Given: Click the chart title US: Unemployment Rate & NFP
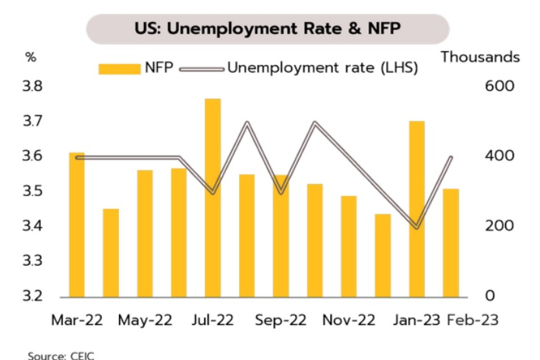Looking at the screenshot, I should (x=268, y=29).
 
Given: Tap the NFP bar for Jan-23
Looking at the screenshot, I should (x=417, y=209).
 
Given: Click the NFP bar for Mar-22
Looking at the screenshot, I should (x=77, y=225).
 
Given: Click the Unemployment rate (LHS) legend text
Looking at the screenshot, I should (x=322, y=68).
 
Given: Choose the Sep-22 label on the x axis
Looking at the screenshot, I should (x=281, y=320).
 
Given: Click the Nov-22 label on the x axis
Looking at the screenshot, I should (x=349, y=320).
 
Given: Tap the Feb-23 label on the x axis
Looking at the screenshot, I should (x=473, y=320).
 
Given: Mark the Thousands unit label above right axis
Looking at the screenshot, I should (x=480, y=57).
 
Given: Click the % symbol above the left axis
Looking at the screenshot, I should (x=31, y=57).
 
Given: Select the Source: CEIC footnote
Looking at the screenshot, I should (x=61, y=355).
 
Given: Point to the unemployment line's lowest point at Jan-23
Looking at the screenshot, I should (x=417, y=226).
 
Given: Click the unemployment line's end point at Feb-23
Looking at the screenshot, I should (x=451, y=158).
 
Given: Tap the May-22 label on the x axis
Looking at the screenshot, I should (x=145, y=320).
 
